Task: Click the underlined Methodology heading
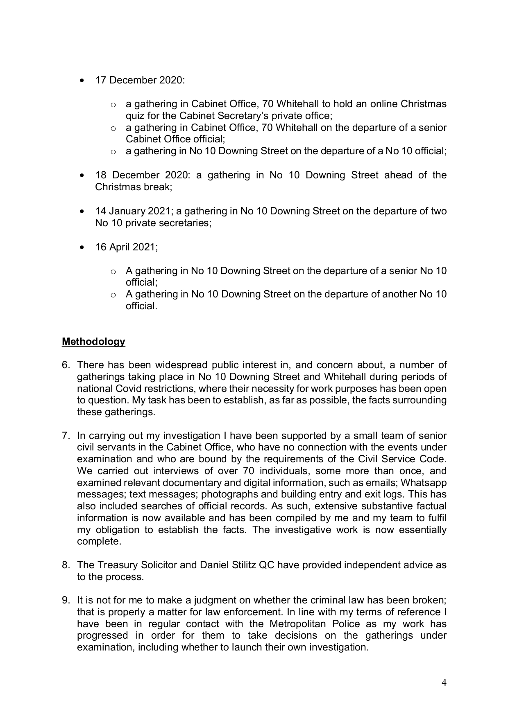93,342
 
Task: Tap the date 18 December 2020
143,175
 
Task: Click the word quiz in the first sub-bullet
134,116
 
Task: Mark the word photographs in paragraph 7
227,495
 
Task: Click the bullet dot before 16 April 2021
84,248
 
